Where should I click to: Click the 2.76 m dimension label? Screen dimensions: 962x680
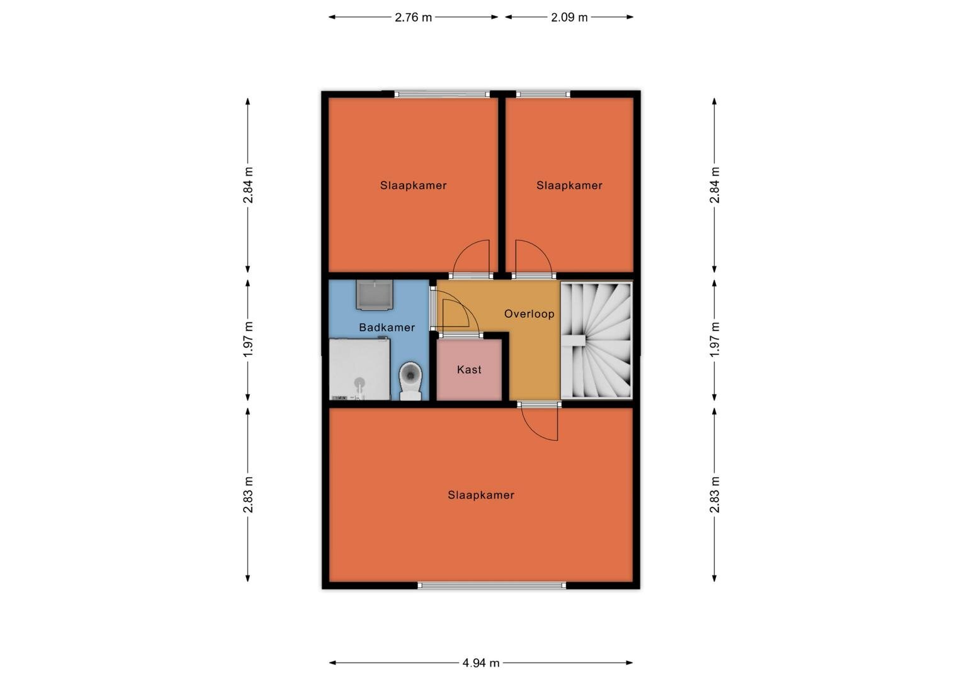point(413,18)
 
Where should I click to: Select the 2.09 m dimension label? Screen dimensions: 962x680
point(569,18)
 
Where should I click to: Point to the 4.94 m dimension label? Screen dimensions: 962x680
point(480,663)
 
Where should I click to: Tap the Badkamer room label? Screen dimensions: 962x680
point(387,327)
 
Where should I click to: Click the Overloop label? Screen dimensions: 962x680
point(529,314)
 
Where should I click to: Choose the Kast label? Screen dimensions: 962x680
point(469,370)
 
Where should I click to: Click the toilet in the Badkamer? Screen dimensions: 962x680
point(410,380)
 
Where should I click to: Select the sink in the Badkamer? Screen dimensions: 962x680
point(375,295)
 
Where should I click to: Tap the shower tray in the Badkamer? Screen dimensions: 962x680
point(360,370)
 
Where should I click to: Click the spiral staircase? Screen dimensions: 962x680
point(596,340)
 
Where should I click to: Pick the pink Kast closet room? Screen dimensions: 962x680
point(469,370)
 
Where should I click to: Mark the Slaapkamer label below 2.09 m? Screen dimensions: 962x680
point(569,186)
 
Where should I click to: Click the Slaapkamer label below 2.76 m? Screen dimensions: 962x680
point(413,186)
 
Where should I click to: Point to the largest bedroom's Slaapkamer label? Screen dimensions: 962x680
point(481,496)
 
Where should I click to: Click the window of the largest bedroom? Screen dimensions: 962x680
point(492,585)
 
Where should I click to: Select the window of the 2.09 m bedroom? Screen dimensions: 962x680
point(543,94)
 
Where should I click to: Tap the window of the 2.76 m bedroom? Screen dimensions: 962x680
point(442,94)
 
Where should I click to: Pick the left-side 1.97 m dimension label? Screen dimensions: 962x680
point(248,339)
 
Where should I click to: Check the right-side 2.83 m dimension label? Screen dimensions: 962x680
point(714,494)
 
